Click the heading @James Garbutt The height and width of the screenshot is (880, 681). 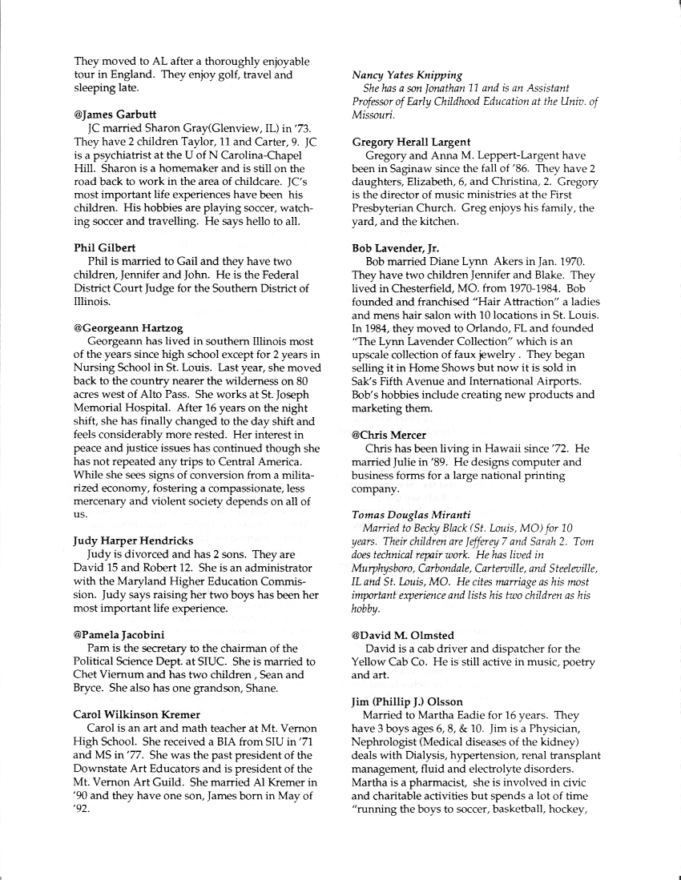pyautogui.click(x=115, y=115)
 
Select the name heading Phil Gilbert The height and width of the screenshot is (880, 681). pyautogui.click(x=104, y=247)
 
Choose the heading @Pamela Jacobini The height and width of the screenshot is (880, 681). pyautogui.click(x=119, y=634)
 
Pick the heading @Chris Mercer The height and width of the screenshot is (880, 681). pyautogui.click(x=389, y=435)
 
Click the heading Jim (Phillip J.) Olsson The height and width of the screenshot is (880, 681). pyautogui.click(x=407, y=701)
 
